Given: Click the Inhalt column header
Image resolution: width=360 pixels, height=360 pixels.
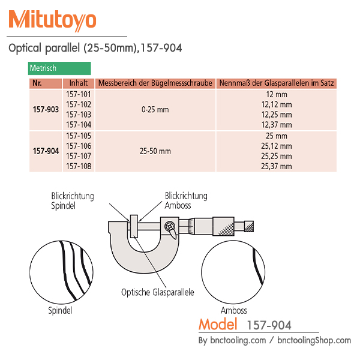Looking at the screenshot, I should coord(78,83).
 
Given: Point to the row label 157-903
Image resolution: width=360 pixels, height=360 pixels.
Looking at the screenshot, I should coord(46,110).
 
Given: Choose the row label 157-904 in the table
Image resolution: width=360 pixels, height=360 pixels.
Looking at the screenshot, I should coord(46,151).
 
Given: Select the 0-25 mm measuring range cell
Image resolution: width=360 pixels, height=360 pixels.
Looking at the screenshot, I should coord(155,110).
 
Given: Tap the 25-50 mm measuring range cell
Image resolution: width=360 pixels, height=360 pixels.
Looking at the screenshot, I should coord(155,151).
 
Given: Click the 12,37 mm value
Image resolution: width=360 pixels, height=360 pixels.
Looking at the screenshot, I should coord(277,125).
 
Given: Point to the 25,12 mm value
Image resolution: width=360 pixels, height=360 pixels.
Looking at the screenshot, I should coord(277,146).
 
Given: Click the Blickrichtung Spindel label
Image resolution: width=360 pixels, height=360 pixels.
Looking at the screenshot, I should coord(73,200).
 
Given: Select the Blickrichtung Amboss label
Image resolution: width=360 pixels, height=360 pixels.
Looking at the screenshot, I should coord(186,200).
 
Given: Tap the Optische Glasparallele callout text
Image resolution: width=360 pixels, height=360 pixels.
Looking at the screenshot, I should coord(158,293).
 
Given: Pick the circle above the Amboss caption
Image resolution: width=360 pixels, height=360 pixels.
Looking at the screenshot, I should coord(234,273).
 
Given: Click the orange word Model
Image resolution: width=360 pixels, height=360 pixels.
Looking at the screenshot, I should coord(219,325).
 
